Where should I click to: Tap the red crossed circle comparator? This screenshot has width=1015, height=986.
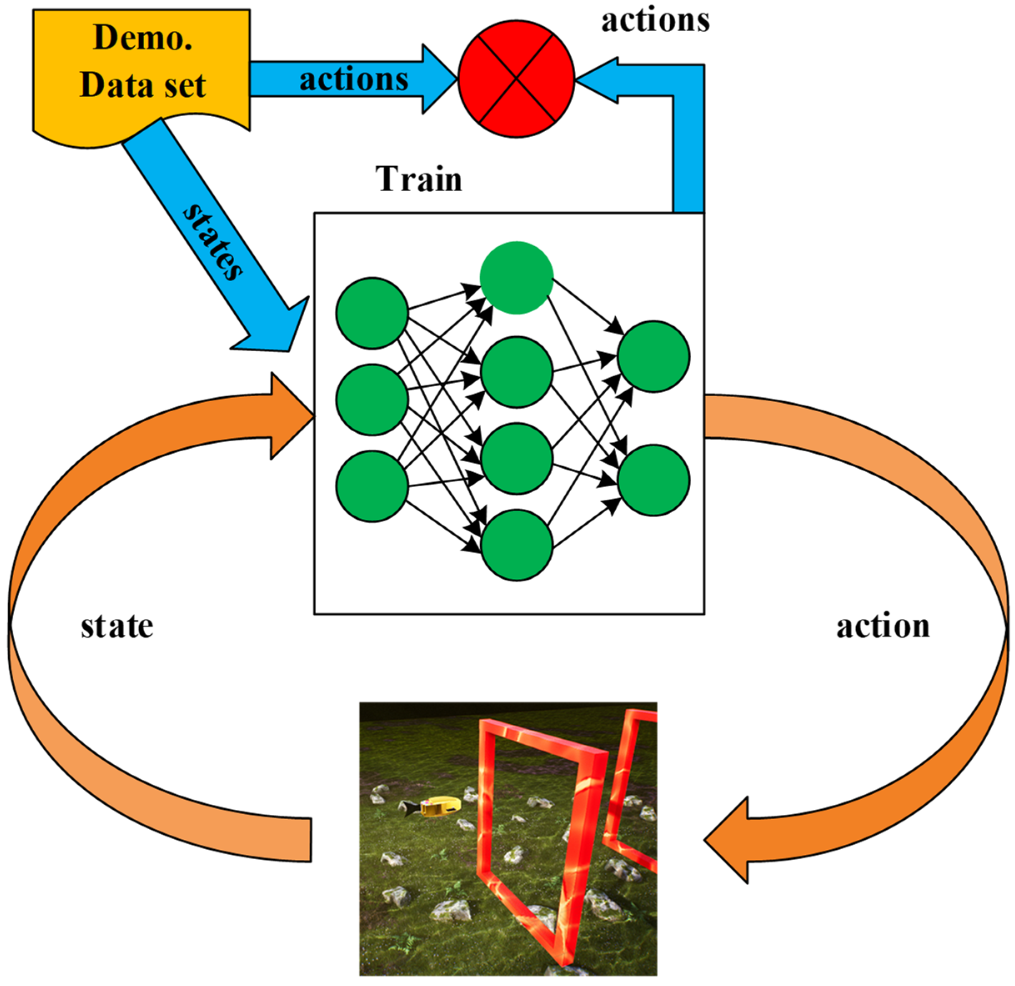coord(516,79)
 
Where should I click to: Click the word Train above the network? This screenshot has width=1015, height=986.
coord(419,179)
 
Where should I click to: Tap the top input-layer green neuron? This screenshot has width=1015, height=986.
coord(372,313)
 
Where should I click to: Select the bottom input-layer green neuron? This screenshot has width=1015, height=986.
coord(372,486)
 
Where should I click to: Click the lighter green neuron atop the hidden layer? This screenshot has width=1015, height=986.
coord(516,278)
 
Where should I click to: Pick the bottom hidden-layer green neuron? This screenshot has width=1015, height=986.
coord(516,545)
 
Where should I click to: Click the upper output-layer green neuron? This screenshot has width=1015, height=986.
coord(654,356)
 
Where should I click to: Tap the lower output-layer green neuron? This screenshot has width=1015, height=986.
coord(654,480)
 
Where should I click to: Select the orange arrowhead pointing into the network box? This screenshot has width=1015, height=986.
coord(290,416)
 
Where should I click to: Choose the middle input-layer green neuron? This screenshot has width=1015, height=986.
coord(372,400)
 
